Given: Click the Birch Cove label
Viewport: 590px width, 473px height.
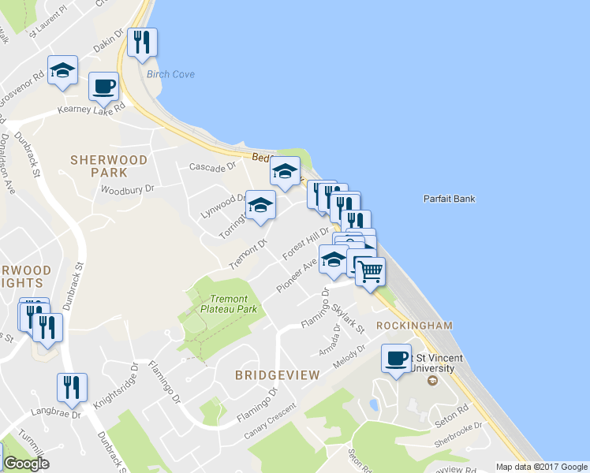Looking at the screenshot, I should pos(170,74).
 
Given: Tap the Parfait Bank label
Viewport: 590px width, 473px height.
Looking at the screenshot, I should pos(449,199).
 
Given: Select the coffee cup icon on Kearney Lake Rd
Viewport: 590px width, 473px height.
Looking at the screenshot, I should pos(103,86).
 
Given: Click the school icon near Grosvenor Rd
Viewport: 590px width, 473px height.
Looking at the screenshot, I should pos(62,70).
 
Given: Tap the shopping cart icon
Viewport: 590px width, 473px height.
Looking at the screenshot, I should pos(370,272).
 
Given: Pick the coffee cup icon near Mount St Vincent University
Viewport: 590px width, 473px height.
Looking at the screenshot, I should pos(397,359).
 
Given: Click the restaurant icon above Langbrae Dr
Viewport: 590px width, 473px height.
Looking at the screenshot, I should pos(72,387).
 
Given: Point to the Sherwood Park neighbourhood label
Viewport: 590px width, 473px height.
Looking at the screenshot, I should pos(109,166).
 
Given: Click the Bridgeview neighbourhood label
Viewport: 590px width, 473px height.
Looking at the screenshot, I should pos(277,375).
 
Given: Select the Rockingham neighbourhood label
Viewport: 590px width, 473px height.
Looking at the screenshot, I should pos(414,325).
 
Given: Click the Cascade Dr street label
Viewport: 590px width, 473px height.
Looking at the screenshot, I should pos(212,166).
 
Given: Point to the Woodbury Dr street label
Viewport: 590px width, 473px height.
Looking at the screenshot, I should pos(128,189).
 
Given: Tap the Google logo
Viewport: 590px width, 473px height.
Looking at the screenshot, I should pos(26,464).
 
